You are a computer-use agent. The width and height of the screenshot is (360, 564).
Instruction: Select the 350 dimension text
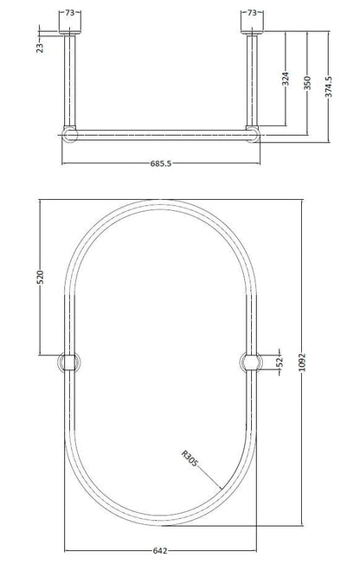click(308, 84)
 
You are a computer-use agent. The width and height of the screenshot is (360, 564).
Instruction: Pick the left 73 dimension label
click(70, 12)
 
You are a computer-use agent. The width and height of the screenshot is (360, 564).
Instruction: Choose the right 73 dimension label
click(252, 12)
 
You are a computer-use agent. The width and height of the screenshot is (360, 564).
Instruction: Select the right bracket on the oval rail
click(248, 363)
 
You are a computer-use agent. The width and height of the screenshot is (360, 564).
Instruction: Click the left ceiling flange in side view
click(70, 33)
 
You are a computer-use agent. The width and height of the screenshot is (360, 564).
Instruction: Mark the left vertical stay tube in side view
click(70, 82)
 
